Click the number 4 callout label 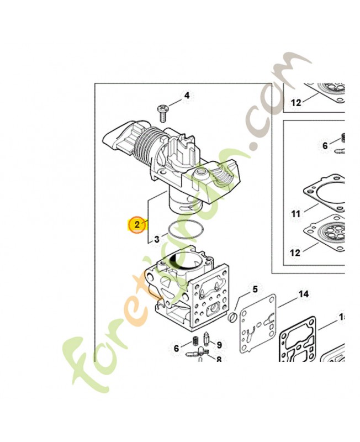pos(187,96)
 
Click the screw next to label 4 pos(163,112)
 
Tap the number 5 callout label pos(255,289)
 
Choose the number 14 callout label pos(303,294)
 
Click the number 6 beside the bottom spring pos(176,348)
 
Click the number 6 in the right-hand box pos(325,146)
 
